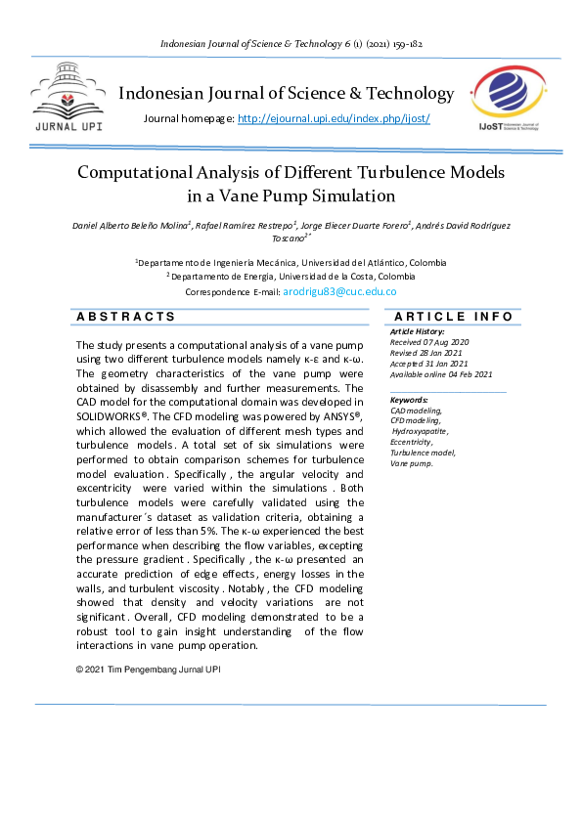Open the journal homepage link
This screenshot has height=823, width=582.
(334, 118)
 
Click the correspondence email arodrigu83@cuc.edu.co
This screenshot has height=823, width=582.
(339, 291)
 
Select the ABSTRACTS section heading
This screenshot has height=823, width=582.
(126, 317)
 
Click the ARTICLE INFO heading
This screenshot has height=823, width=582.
(453, 317)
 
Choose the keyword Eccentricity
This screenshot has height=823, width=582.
(415, 442)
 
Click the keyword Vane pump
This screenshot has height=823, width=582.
(411, 463)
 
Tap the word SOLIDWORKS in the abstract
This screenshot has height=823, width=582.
(111, 415)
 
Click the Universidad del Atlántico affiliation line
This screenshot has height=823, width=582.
(291, 263)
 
